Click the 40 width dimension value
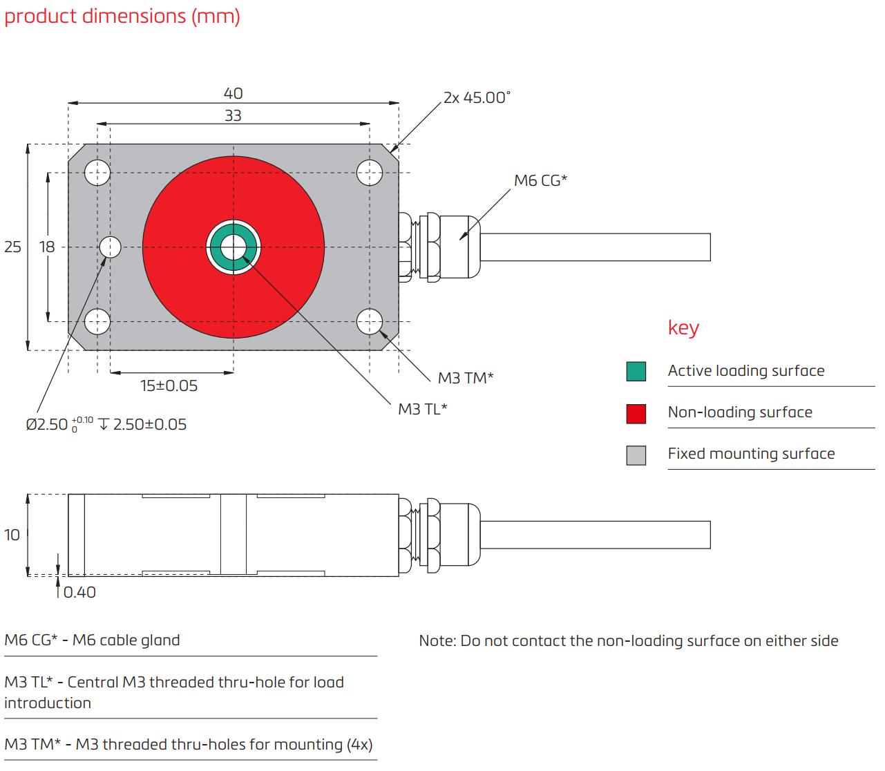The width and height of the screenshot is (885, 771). (233, 93)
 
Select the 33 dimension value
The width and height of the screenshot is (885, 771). (233, 115)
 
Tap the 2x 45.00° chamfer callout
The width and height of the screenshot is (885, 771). (477, 97)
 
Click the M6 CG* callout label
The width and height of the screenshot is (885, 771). (540, 181)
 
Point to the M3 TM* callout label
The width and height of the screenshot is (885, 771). (466, 378)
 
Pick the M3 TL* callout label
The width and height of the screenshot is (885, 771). (422, 409)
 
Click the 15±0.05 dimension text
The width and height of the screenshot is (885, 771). (169, 386)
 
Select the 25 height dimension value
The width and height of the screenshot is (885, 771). (12, 247)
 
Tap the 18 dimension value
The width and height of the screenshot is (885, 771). (46, 247)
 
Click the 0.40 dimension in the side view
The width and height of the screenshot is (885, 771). (79, 592)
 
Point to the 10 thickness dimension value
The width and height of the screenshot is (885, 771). (12, 535)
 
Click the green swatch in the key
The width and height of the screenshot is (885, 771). (636, 372)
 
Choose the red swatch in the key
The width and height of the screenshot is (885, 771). (636, 413)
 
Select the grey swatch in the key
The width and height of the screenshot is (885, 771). (636, 455)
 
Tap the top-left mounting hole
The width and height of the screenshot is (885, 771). (97, 173)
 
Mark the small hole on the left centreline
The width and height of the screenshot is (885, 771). (111, 247)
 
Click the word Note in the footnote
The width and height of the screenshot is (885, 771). (436, 641)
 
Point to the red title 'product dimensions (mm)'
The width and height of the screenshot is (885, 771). (122, 16)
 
